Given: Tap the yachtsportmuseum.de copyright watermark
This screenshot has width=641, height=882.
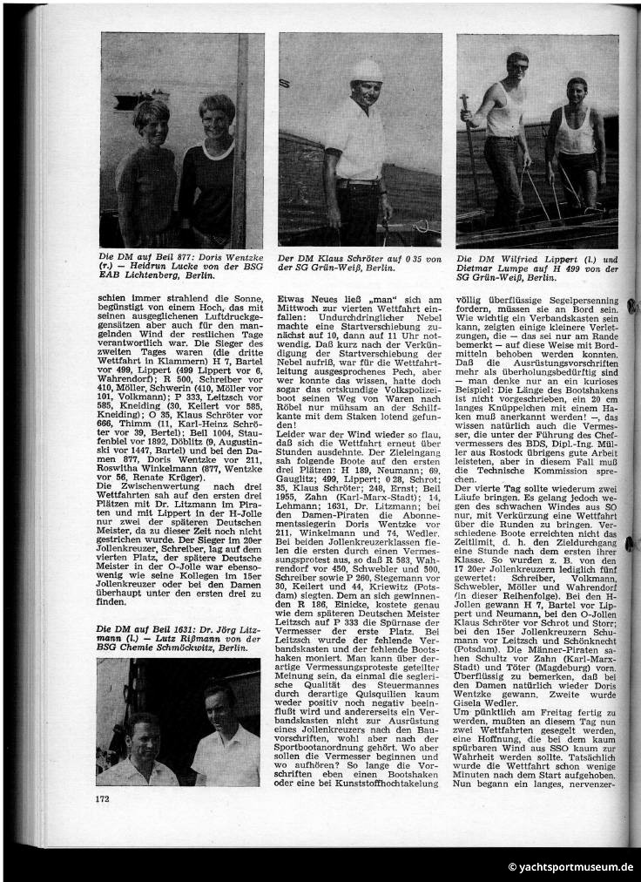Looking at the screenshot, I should (570, 867).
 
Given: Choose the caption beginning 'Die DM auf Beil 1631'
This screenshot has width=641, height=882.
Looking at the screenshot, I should (180, 633).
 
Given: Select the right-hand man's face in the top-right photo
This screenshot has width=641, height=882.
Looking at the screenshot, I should (577, 92).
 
